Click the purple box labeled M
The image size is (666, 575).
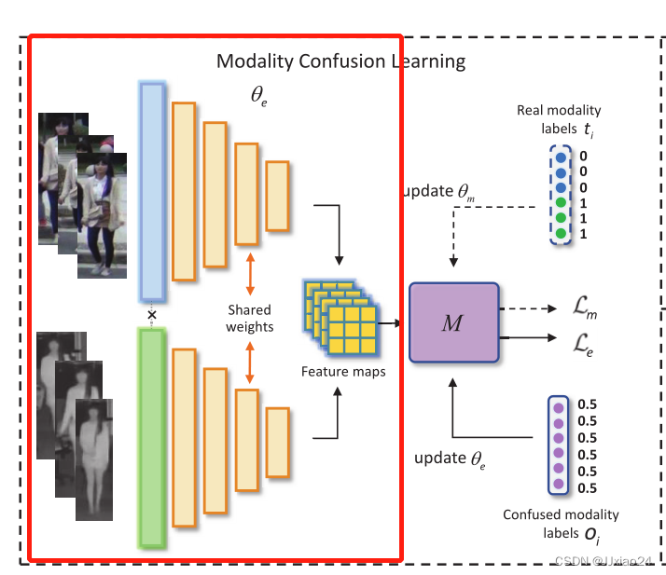click(x=452, y=322)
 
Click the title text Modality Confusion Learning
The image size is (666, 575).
click(x=340, y=62)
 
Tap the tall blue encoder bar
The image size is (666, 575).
click(x=152, y=191)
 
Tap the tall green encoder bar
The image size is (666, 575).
click(x=151, y=433)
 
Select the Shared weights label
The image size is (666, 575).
click(x=249, y=318)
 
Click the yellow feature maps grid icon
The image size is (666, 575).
click(x=341, y=318)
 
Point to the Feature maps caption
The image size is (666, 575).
click(x=343, y=372)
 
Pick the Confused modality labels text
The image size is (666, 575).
click(x=561, y=523)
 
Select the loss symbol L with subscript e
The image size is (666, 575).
click(x=582, y=349)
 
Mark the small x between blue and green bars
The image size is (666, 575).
click(x=151, y=314)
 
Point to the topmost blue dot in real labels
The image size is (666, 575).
click(x=561, y=157)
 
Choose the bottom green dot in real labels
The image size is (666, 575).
click(x=561, y=233)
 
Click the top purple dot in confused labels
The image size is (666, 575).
click(x=560, y=405)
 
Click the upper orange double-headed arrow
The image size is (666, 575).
click(x=249, y=272)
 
